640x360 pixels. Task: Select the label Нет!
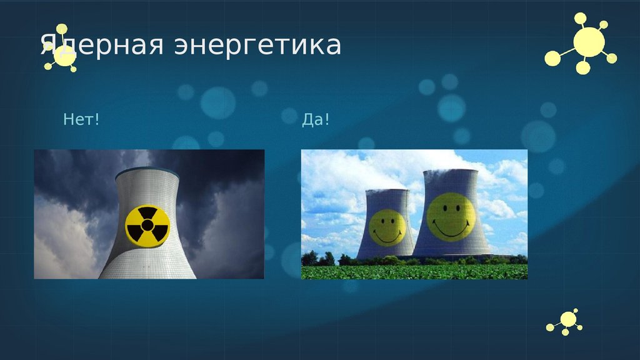tap(81, 119)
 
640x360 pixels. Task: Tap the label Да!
tap(315, 119)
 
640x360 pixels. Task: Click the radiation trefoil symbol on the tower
tap(147, 225)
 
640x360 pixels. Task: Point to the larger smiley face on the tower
tap(451, 216)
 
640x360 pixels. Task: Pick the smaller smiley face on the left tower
tap(387, 227)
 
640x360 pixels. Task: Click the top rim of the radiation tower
tap(150, 171)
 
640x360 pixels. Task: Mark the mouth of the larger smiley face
tap(451, 229)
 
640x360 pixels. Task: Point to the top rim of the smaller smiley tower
tap(384, 191)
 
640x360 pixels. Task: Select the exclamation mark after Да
tap(326, 119)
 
